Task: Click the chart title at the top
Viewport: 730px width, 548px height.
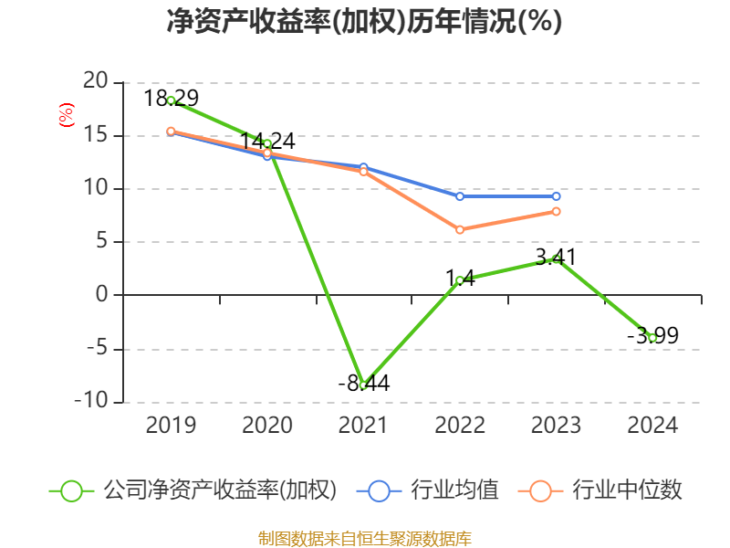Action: (x=364, y=22)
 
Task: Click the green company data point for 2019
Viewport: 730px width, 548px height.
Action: (x=171, y=100)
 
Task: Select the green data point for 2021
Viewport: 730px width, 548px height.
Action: (x=363, y=385)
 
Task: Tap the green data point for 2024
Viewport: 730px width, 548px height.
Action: (x=652, y=338)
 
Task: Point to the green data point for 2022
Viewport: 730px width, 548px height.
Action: (x=460, y=280)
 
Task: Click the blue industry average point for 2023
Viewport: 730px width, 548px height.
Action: (x=556, y=196)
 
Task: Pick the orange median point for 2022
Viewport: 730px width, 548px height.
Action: (x=460, y=230)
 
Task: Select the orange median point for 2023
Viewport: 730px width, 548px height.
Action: (x=556, y=212)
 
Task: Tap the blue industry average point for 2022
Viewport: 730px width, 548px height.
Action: (x=460, y=196)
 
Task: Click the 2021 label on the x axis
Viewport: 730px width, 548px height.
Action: (x=363, y=426)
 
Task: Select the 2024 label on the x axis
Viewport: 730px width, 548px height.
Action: (x=652, y=426)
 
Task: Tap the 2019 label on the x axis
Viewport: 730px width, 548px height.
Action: (x=171, y=426)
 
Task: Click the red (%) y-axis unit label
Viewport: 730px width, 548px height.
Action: (x=66, y=115)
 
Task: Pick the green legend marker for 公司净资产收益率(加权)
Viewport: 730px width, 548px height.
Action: (x=72, y=490)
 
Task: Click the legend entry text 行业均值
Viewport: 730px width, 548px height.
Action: (x=454, y=490)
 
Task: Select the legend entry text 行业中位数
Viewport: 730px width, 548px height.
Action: (x=627, y=490)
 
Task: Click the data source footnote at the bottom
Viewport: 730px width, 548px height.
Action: (x=364, y=538)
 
